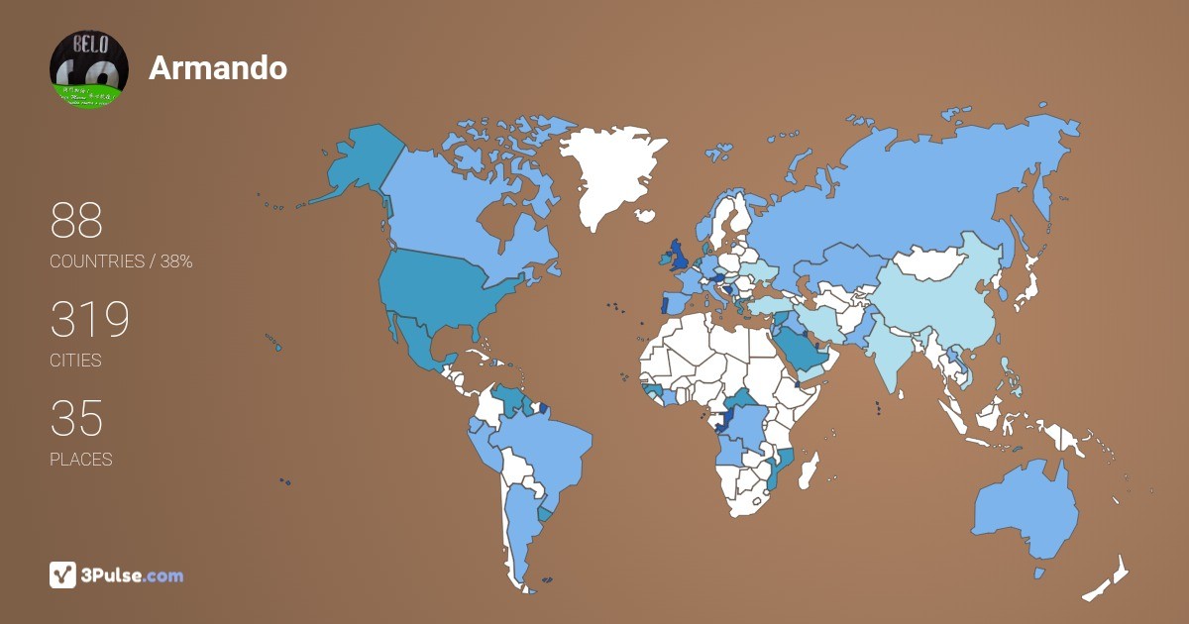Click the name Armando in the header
click(x=218, y=67)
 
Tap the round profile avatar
click(x=89, y=69)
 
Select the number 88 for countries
click(x=76, y=221)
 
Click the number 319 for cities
click(x=90, y=320)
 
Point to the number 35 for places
click(x=76, y=419)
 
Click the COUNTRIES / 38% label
click(x=121, y=261)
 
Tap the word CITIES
click(x=75, y=361)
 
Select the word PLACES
click(x=81, y=460)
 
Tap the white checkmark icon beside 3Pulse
click(x=62, y=575)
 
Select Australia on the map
click(x=1026, y=510)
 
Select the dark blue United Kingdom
click(x=680, y=255)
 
